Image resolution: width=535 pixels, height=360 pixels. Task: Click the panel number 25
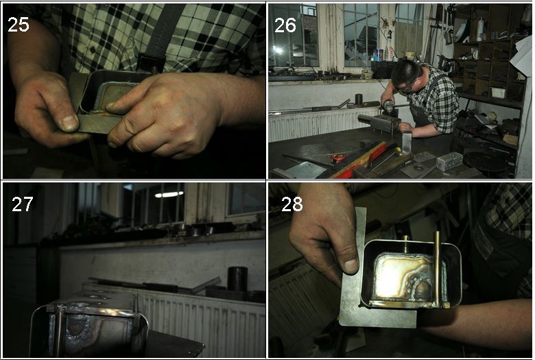point(19,25)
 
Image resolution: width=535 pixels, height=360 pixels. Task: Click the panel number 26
point(285,25)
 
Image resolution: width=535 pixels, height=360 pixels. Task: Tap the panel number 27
point(22,204)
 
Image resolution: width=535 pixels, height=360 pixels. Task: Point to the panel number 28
point(292,204)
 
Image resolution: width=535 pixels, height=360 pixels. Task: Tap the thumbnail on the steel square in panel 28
point(350,266)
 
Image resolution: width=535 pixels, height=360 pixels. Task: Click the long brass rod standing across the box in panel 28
point(437,269)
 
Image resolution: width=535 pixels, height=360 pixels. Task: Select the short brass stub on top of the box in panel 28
point(405,243)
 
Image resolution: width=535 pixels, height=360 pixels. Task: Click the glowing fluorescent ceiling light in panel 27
point(169,195)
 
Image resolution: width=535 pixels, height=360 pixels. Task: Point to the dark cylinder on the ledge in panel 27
point(237,279)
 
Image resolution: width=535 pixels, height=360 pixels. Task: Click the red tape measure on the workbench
point(338,158)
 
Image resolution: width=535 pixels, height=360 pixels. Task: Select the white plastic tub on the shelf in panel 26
point(498,93)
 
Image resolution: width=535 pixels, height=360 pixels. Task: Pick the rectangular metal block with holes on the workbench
point(449,161)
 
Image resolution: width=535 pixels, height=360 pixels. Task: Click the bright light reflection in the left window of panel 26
point(278,50)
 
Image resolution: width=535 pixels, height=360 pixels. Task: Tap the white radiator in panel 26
point(324,125)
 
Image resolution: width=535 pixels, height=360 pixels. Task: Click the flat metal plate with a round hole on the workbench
point(418,169)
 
